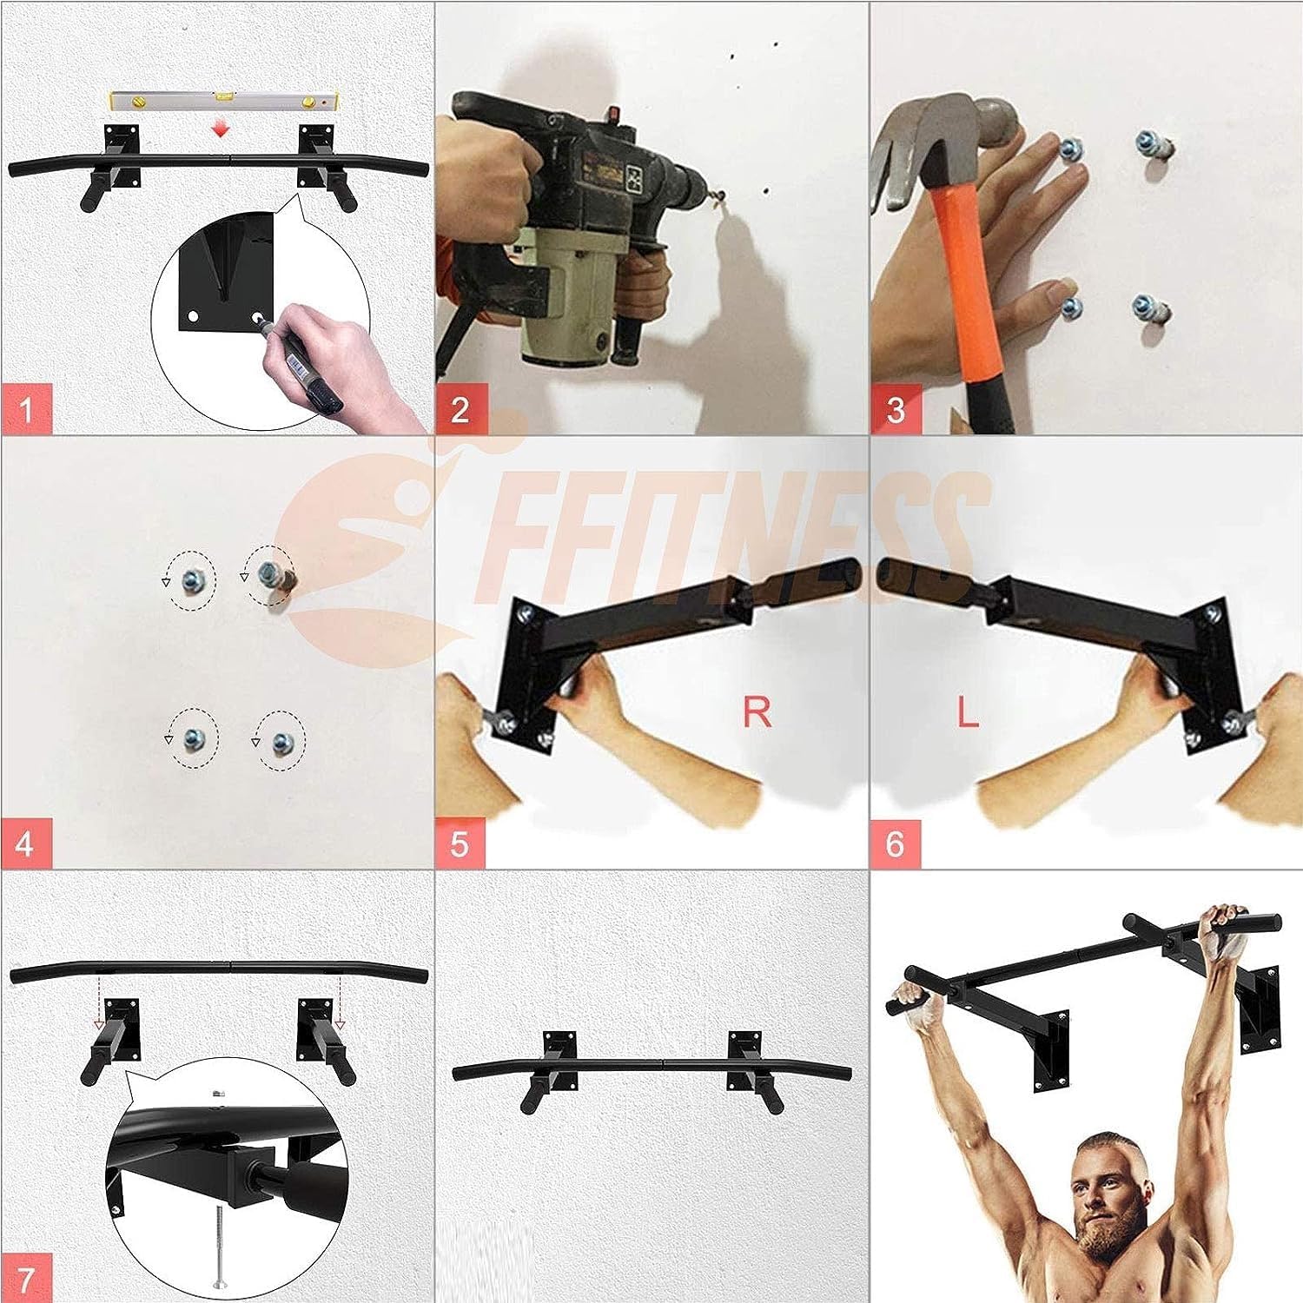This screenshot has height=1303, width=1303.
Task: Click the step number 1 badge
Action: pyautogui.click(x=27, y=408)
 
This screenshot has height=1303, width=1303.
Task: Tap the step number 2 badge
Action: pyautogui.click(x=461, y=408)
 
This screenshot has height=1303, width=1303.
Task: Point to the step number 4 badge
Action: pyautogui.click(x=27, y=843)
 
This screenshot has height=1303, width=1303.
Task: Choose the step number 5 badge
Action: pyautogui.click(x=461, y=843)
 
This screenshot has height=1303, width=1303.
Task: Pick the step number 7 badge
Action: pyautogui.click(x=27, y=1277)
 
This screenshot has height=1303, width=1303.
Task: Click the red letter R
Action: pyautogui.click(x=757, y=712)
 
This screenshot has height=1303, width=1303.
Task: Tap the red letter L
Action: pyautogui.click(x=968, y=712)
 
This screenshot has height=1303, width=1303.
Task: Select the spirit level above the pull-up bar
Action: pyautogui.click(x=224, y=102)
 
